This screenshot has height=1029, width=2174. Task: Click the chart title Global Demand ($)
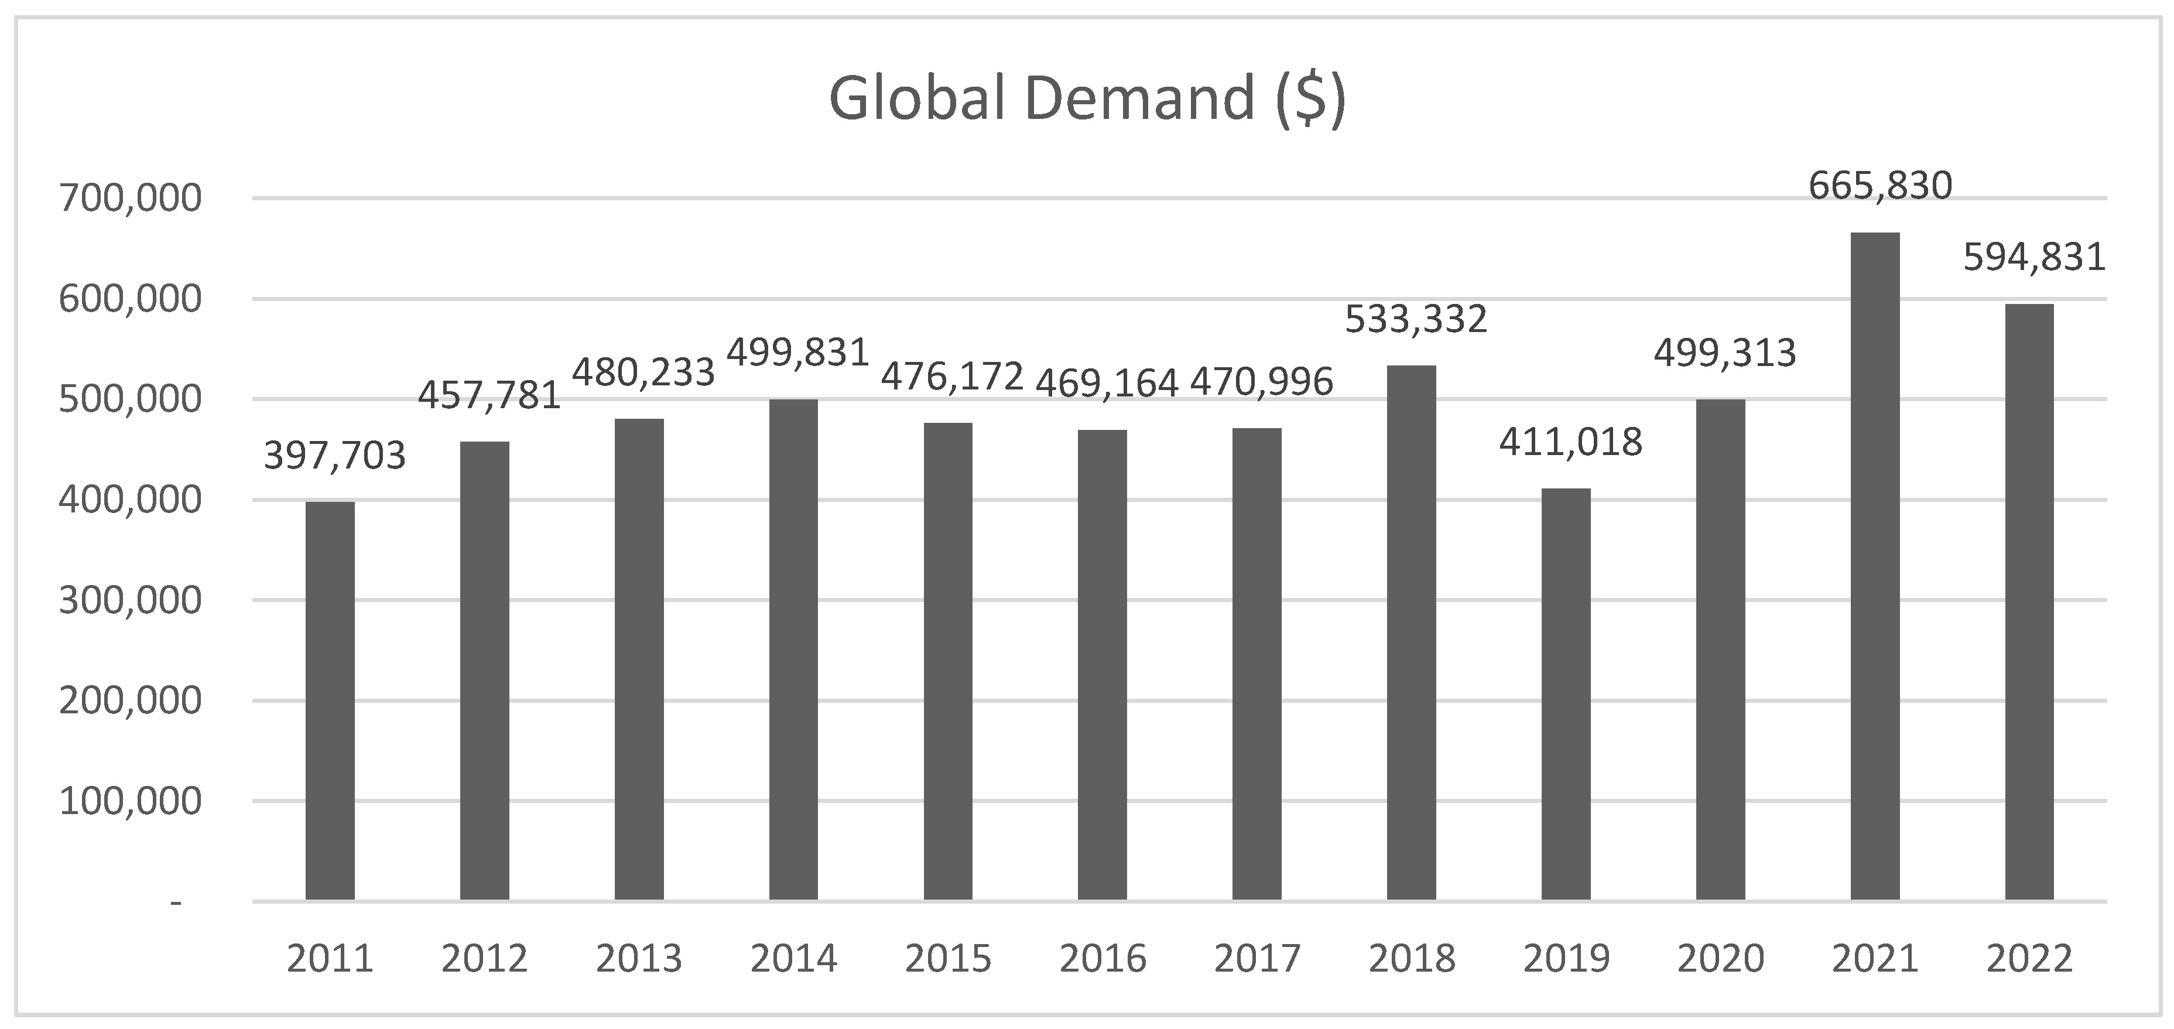pyautogui.click(x=1087, y=100)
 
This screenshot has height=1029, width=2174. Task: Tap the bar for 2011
pyautogui.click(x=330, y=700)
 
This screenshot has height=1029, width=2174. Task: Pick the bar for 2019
pyautogui.click(x=1566, y=694)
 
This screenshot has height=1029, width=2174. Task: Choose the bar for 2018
pyautogui.click(x=1411, y=633)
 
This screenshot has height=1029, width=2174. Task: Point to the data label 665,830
pyautogui.click(x=1880, y=186)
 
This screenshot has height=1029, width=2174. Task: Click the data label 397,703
pyautogui.click(x=335, y=456)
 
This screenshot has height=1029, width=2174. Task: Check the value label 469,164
pyautogui.click(x=1107, y=383)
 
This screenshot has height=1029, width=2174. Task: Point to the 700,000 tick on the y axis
pyautogui.click(x=130, y=199)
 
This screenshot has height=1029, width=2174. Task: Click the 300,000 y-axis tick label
pyautogui.click(x=130, y=601)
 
